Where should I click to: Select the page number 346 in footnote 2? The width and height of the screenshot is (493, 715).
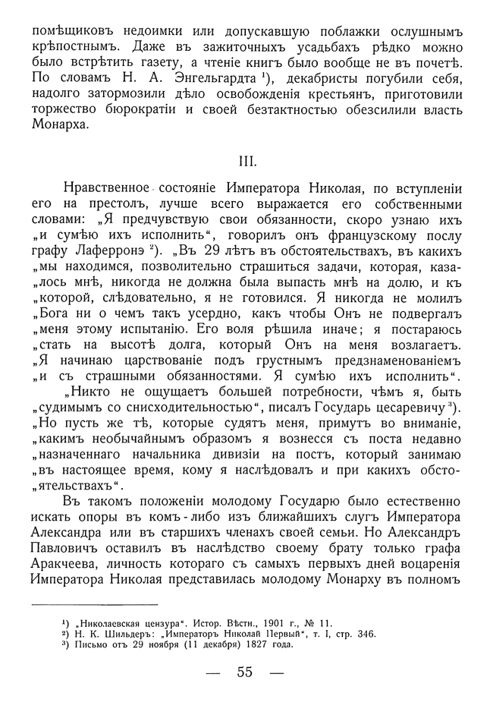point(366,634)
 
